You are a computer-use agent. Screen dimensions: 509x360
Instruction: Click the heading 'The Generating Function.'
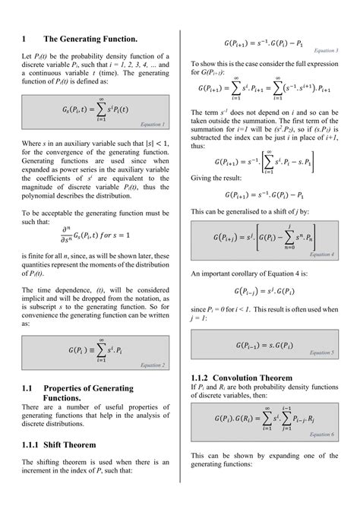(x=90, y=39)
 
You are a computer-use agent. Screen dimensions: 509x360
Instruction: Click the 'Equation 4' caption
(x=323, y=254)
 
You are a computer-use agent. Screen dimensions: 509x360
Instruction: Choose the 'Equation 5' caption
(x=323, y=353)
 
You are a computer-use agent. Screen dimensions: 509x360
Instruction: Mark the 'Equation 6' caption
(x=323, y=434)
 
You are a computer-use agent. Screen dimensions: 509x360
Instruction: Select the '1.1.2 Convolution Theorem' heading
(x=242, y=378)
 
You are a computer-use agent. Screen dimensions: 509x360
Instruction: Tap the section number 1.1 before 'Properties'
(x=29, y=388)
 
